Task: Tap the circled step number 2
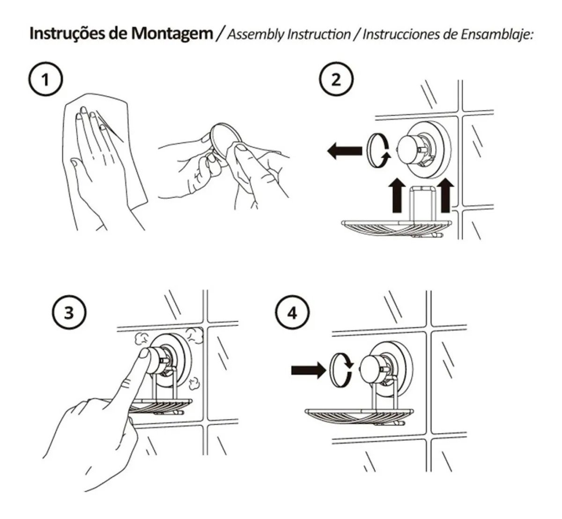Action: (336, 80)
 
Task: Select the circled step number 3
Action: (69, 313)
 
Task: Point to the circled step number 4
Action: (293, 313)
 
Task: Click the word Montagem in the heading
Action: (172, 34)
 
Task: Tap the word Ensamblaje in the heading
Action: (496, 34)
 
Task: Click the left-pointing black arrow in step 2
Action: (345, 150)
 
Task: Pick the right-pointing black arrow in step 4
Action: (309, 370)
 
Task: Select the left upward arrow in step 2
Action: (397, 196)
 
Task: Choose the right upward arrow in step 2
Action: (446, 196)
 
